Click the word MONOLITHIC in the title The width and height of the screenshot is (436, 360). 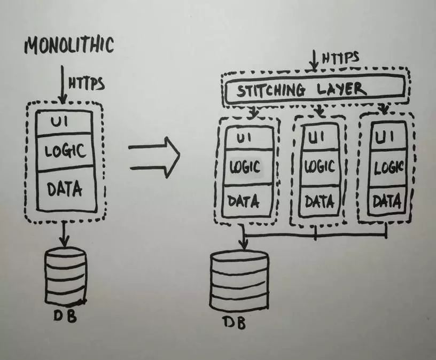tap(69, 45)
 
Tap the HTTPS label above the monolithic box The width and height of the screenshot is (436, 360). tap(87, 83)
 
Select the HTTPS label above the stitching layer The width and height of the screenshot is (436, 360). tap(341, 58)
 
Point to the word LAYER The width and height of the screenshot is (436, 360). tap(341, 90)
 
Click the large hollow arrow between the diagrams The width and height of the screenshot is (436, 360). tap(154, 157)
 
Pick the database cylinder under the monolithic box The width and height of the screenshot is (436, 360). tap(66, 277)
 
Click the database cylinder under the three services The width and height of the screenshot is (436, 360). tap(240, 280)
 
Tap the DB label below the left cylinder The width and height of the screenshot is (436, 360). tap(65, 315)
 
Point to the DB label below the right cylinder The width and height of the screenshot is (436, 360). tap(235, 322)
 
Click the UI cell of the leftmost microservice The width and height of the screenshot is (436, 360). tap(248, 138)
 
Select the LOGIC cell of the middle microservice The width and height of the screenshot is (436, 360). tap(320, 168)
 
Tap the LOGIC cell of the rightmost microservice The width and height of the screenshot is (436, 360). tap(388, 169)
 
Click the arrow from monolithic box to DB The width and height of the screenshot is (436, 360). tap(65, 234)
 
